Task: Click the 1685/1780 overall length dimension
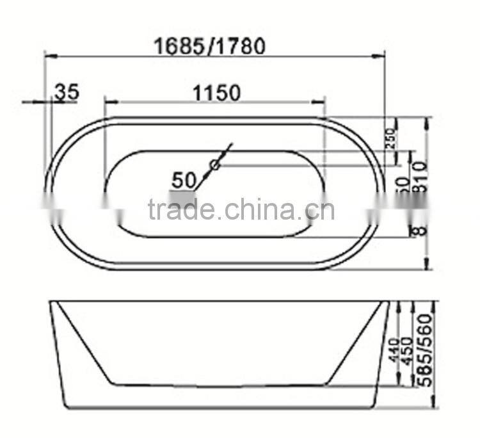(x=210, y=45)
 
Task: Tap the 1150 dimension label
(x=216, y=93)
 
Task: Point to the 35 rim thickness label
(x=66, y=92)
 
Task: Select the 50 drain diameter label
(x=184, y=180)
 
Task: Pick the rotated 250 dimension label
(x=391, y=136)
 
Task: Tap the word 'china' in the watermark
(x=259, y=210)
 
